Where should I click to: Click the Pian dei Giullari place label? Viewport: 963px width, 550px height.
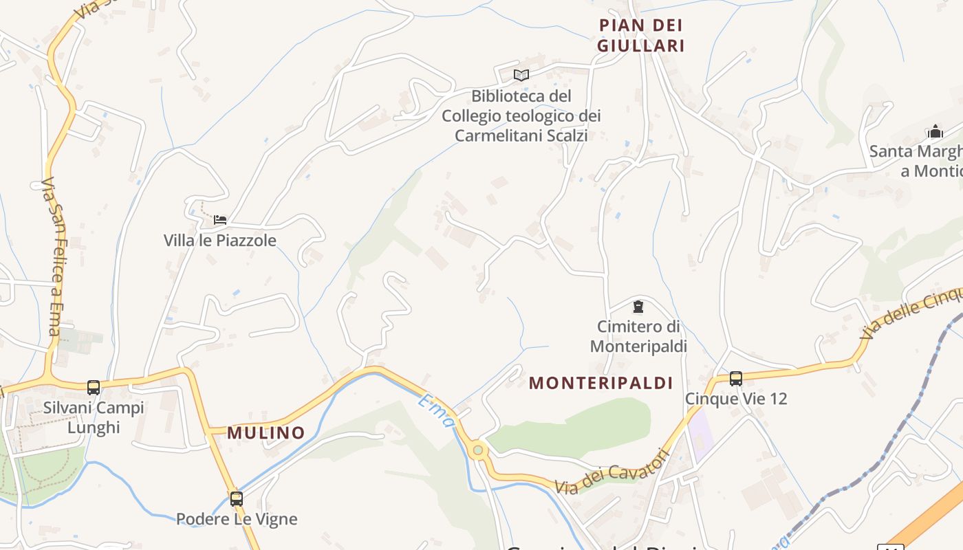pos(640,36)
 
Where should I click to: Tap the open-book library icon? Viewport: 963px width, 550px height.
pos(521,75)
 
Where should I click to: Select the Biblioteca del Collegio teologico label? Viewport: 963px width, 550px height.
pos(521,115)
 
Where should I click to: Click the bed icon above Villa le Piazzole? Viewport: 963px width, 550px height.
pos(220,220)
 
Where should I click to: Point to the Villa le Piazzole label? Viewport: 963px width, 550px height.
pos(220,241)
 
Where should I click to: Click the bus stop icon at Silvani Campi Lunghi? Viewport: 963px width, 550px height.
pos(94,387)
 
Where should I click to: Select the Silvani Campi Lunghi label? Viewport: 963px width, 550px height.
pos(94,417)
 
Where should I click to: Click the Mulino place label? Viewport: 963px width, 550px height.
pos(266,433)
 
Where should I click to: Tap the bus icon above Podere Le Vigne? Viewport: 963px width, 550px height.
pos(237,498)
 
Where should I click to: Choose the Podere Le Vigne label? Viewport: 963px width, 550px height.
pos(237,519)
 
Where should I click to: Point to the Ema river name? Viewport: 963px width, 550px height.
pos(436,410)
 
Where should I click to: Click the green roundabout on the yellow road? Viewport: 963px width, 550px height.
pos(478,451)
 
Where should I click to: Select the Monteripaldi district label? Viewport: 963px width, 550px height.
pos(600,384)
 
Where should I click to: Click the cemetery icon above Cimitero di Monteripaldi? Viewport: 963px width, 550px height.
pos(638,306)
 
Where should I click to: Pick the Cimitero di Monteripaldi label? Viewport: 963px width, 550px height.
pos(638,336)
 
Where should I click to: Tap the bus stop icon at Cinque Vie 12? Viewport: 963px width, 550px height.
pos(736,378)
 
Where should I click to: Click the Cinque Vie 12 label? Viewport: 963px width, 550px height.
pos(736,399)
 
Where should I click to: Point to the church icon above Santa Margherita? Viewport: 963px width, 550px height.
pos(935,131)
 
